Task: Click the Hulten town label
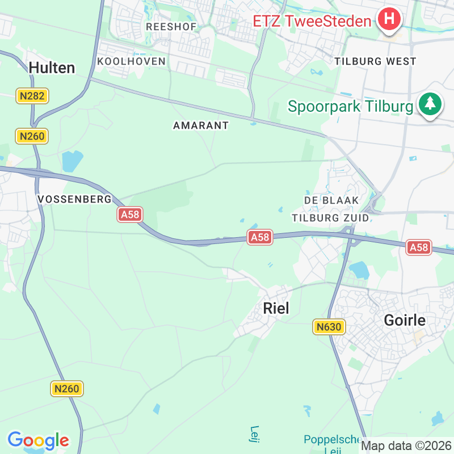pyautogui.click(x=52, y=68)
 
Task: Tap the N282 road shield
pyautogui.click(x=32, y=96)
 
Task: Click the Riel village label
pyautogui.click(x=276, y=308)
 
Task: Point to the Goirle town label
pyautogui.click(x=405, y=320)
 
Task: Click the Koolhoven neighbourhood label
pyautogui.click(x=131, y=61)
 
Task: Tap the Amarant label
pyautogui.click(x=201, y=125)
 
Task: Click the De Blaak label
pyautogui.click(x=332, y=200)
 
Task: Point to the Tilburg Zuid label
pyautogui.click(x=330, y=217)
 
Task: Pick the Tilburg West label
pyautogui.click(x=376, y=61)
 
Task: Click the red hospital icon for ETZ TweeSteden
pyautogui.click(x=389, y=19)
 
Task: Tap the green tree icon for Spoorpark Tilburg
pyautogui.click(x=430, y=104)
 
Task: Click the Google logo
pyautogui.click(x=38, y=440)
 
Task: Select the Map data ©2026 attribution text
pyautogui.click(x=406, y=445)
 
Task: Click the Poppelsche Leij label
pyautogui.click(x=333, y=443)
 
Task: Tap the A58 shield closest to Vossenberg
pyautogui.click(x=130, y=215)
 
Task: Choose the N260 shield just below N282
pyautogui.click(x=32, y=136)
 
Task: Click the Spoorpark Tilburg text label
pyautogui.click(x=351, y=106)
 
